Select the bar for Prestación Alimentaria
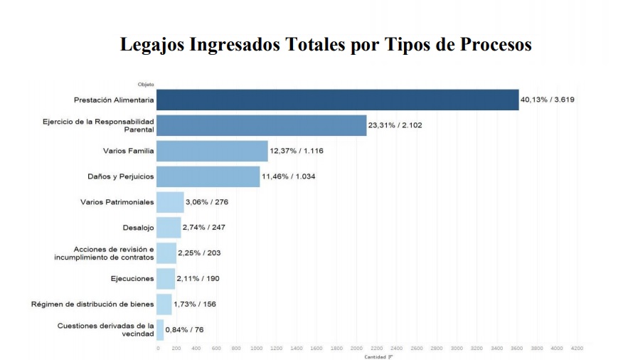tap(337, 100)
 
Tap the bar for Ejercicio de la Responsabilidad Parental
tap(261, 125)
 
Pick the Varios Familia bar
tap(212, 151)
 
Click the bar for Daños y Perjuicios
tap(208, 176)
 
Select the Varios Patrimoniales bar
tap(170, 202)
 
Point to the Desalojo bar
tap(169, 228)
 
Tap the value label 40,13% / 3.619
tap(547, 100)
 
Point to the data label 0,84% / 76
tap(184, 330)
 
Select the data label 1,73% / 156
tap(195, 305)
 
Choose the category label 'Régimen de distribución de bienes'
tap(92, 305)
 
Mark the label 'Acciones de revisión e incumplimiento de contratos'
tap(104, 253)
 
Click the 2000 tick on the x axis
tap(356, 349)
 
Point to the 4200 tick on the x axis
tap(577, 349)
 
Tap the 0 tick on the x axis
tap(157, 349)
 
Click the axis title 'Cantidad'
tap(376, 356)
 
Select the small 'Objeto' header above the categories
tap(146, 85)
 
